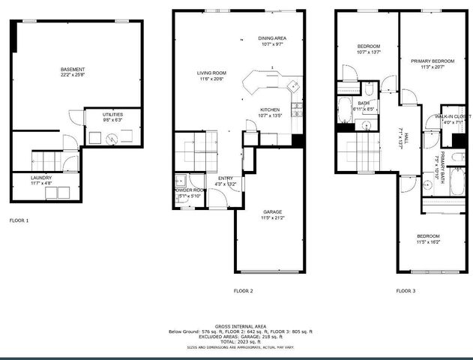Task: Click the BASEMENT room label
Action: click(x=73, y=70)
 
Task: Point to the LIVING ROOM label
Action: click(x=211, y=73)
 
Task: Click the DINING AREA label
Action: click(x=272, y=37)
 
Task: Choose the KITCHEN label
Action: click(x=270, y=109)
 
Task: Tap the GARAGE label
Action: click(x=272, y=212)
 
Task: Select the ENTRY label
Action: click(x=226, y=178)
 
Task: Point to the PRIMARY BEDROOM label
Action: click(x=433, y=61)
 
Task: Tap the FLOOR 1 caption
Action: click(x=19, y=221)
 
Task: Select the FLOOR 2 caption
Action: click(x=243, y=290)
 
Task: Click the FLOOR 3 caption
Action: click(x=406, y=290)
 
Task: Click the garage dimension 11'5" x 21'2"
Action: click(x=272, y=218)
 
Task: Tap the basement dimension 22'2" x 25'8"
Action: click(x=73, y=76)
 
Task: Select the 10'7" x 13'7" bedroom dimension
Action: click(x=369, y=52)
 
